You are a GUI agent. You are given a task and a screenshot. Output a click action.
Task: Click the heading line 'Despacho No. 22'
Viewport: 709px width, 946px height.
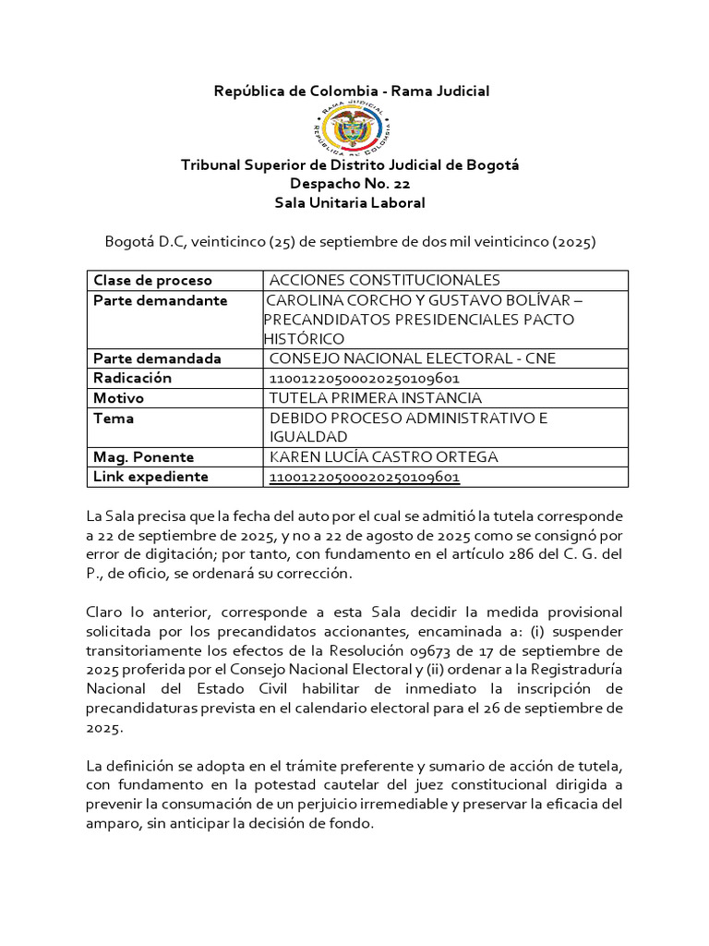tap(352, 184)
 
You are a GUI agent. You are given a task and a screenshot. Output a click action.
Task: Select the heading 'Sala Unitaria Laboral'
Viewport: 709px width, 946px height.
tap(352, 202)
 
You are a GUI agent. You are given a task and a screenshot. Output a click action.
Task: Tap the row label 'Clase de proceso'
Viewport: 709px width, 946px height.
tap(152, 280)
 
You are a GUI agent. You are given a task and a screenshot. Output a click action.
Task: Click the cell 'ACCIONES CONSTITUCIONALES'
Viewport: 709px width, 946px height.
tap(384, 280)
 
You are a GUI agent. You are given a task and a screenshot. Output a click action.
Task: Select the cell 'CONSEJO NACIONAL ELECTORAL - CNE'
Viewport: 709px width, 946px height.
tap(412, 358)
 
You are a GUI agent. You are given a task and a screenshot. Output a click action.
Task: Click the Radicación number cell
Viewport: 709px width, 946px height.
tap(364, 378)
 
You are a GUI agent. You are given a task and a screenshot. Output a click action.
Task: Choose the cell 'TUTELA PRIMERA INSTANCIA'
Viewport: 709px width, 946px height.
tap(375, 398)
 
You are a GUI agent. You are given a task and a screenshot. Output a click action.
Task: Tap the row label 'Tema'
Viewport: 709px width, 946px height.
tap(114, 418)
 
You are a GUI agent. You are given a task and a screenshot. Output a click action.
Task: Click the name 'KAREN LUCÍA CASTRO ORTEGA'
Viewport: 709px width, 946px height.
tap(383, 457)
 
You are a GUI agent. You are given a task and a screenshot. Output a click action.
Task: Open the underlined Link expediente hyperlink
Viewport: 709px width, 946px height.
tap(364, 477)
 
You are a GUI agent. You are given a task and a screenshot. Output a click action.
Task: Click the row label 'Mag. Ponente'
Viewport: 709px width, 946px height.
tap(143, 457)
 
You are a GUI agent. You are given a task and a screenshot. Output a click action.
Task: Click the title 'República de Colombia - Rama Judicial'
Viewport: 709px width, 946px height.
tap(352, 91)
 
